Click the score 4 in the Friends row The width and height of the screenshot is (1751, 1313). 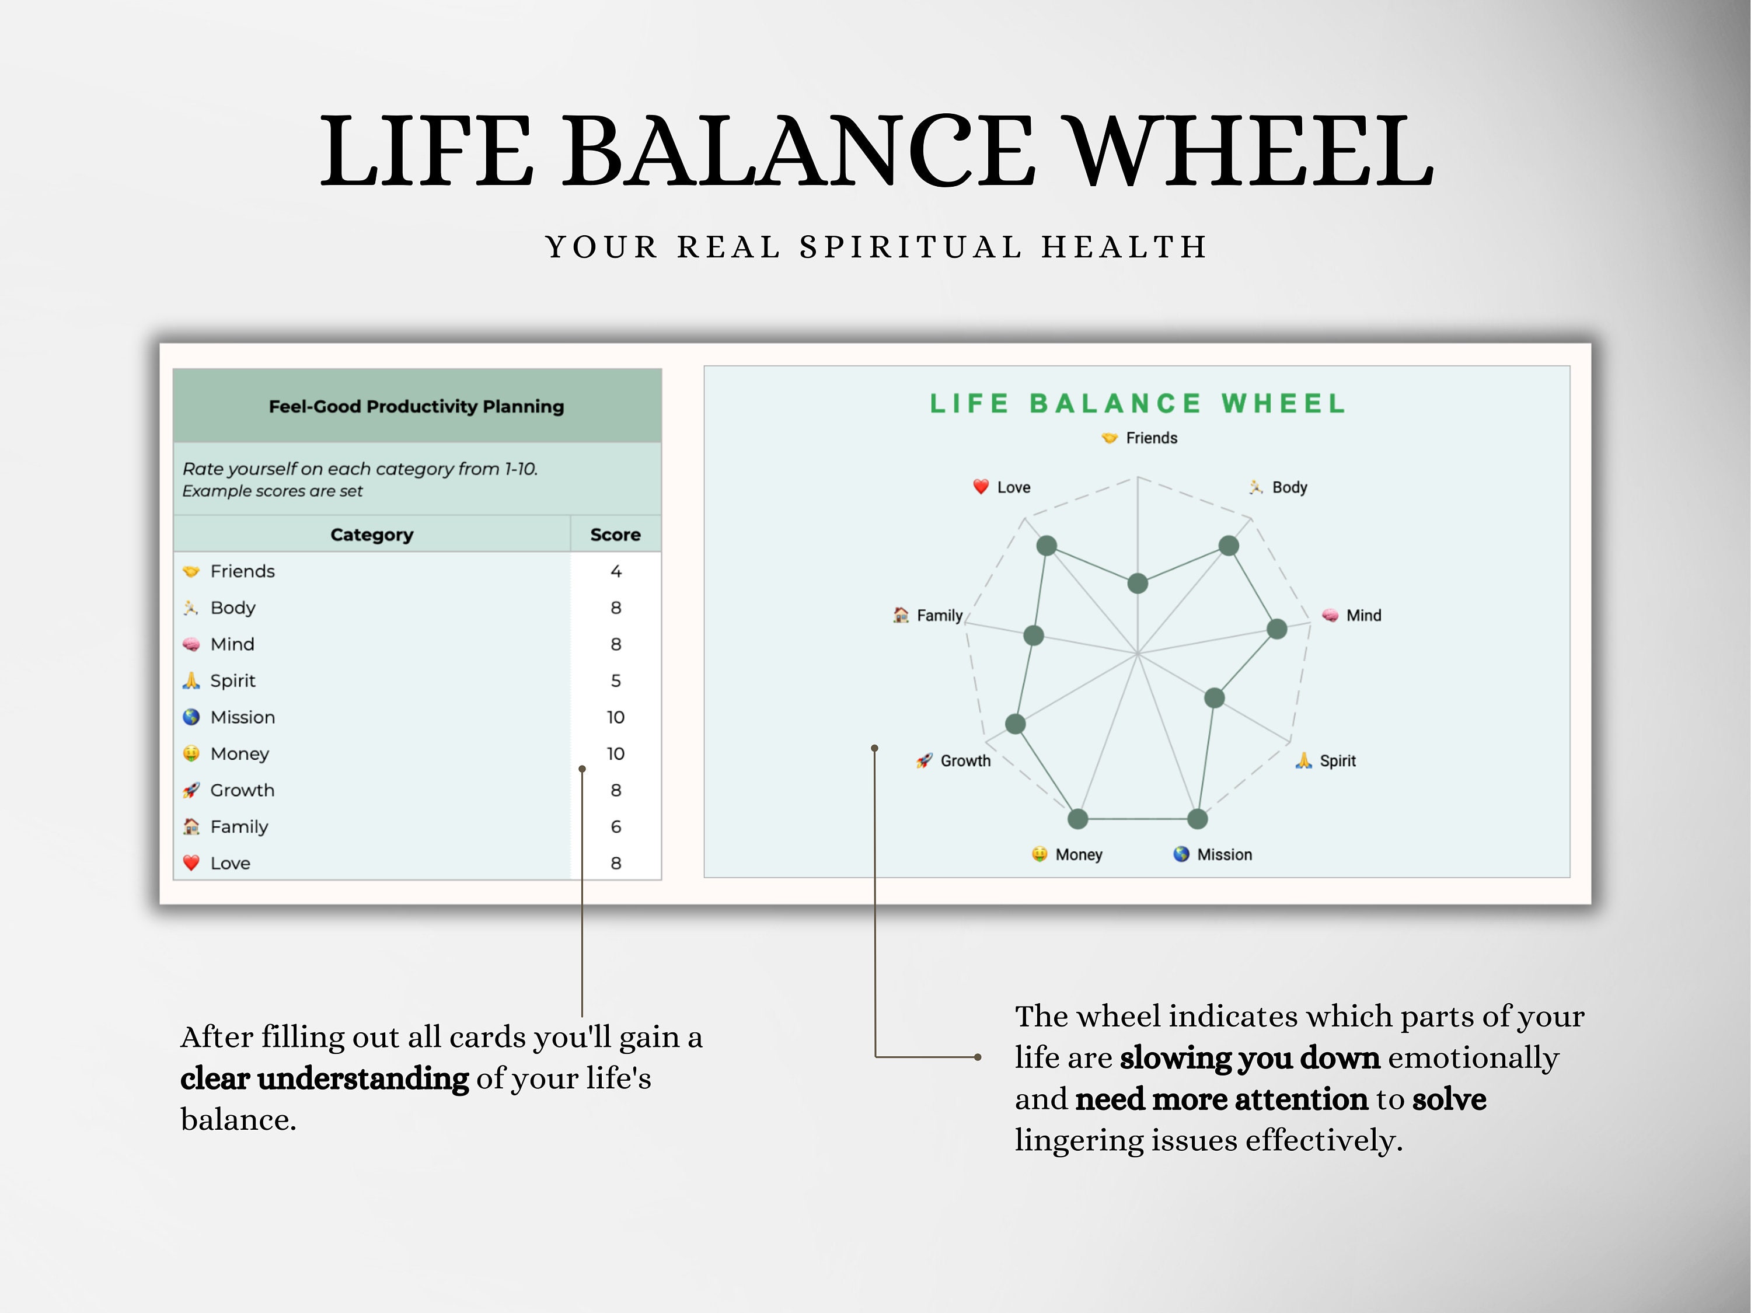616,571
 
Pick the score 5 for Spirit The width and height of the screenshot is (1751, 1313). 616,680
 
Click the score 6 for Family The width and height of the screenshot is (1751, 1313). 616,826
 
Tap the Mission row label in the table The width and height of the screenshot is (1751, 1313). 242,717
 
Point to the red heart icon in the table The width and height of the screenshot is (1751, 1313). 191,862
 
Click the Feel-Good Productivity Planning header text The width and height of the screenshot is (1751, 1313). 416,406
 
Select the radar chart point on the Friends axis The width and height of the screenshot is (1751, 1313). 1138,584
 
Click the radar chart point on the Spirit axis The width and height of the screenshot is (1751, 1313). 1214,698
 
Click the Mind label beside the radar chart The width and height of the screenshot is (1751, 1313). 1363,615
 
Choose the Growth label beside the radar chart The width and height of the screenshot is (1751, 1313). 965,760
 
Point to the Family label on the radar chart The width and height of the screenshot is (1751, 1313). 939,615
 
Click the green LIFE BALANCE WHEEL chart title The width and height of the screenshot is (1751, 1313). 1138,404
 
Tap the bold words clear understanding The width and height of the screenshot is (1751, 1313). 325,1078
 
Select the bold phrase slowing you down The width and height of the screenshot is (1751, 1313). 1249,1057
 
